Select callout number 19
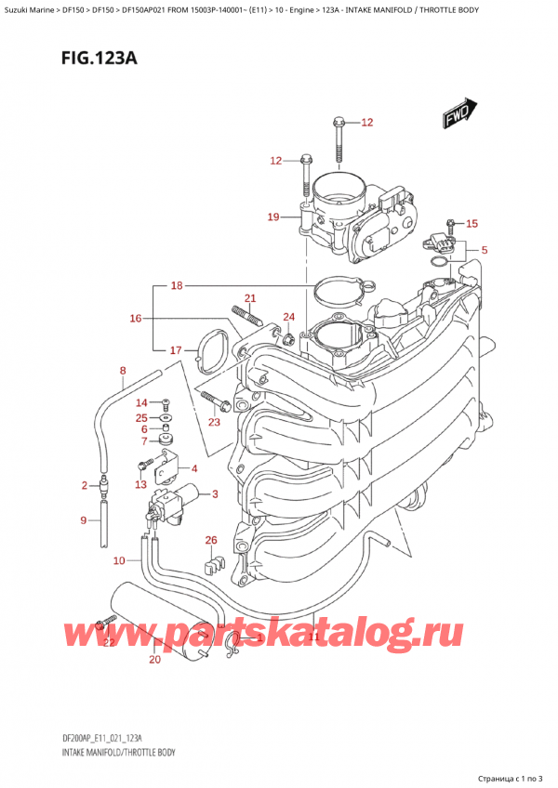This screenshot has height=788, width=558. tap(272, 217)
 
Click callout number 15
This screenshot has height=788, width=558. tap(472, 223)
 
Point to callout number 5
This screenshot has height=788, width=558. tap(485, 250)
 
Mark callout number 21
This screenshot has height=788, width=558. tap(249, 298)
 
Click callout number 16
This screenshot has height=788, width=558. tap(136, 319)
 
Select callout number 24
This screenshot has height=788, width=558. tap(288, 317)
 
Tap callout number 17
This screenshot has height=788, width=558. tap(177, 350)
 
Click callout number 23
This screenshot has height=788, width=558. tap(215, 423)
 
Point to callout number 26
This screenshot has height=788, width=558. tap(211, 540)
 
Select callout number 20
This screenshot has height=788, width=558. tap(154, 660)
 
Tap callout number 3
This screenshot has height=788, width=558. tap(215, 493)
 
